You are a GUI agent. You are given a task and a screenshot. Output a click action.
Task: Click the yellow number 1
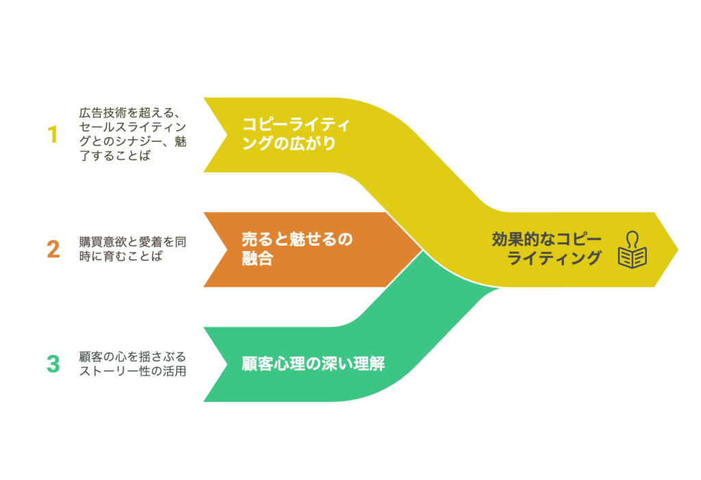[x=53, y=134]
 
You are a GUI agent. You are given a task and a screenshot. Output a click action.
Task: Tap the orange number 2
[x=53, y=249]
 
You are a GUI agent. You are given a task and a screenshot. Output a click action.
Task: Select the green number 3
[x=53, y=364]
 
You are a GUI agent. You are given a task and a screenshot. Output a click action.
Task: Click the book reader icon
[x=632, y=250]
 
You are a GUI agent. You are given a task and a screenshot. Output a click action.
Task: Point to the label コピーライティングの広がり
[x=296, y=134]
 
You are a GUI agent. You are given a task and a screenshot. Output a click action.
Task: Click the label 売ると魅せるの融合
[x=297, y=249]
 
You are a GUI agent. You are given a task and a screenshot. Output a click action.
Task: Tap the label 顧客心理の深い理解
[x=313, y=364]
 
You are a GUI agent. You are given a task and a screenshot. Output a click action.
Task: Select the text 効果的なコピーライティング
[x=547, y=249]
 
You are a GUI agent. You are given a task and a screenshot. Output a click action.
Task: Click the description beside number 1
[x=133, y=134]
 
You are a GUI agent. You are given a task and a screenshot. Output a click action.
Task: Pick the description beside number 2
[x=133, y=249]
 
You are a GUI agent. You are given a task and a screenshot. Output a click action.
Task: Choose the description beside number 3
[x=133, y=364]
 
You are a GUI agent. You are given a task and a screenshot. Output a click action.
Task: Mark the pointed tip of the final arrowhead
[x=678, y=250]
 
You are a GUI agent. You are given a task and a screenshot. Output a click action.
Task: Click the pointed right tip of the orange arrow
[x=422, y=250]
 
